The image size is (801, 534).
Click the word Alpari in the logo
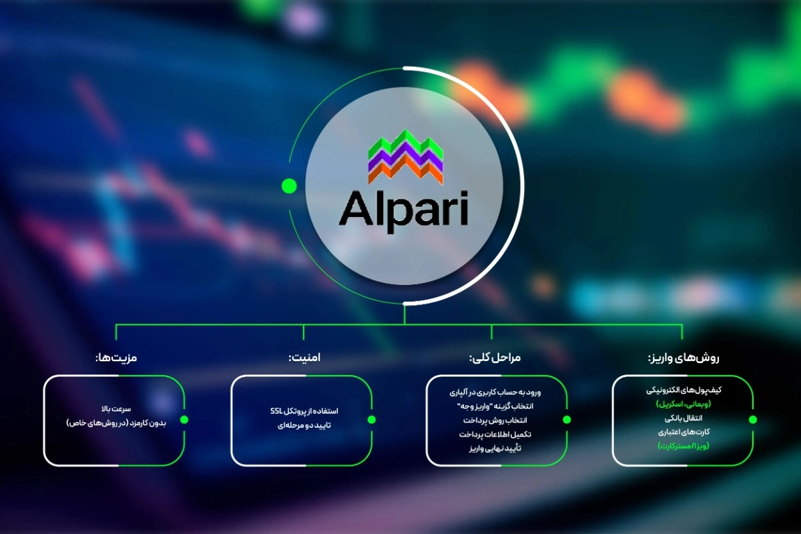click(x=403, y=208)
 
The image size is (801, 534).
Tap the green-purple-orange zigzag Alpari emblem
click(x=406, y=157)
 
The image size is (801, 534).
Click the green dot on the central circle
click(x=289, y=186)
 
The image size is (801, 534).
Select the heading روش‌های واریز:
click(x=683, y=358)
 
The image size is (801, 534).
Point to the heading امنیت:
click(x=304, y=358)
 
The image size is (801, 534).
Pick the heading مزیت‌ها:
click(x=116, y=358)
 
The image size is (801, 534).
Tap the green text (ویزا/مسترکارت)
click(x=682, y=445)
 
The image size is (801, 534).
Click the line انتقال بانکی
click(x=682, y=417)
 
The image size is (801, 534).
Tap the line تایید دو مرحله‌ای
click(x=304, y=425)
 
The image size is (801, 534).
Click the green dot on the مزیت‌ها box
click(x=184, y=420)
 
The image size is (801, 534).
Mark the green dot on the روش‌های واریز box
click(x=753, y=420)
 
